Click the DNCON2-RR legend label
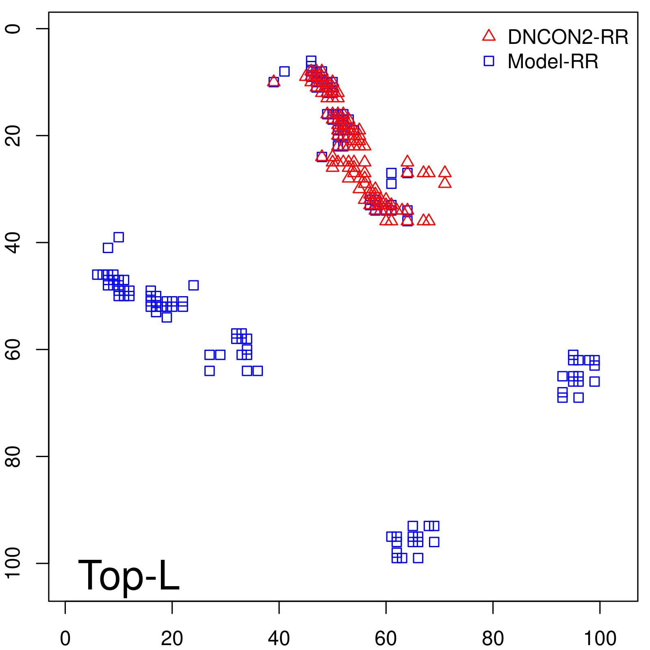coord(568,37)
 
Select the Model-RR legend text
coord(553,62)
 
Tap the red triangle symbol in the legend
coord(489,36)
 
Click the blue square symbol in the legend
coord(489,61)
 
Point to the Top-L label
coord(128,575)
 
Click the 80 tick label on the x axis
coord(493,638)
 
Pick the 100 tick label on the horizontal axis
coord(600,638)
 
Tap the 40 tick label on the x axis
coord(279,638)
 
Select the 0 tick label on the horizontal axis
coord(65,638)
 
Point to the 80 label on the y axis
coord(13,456)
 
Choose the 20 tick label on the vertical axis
coord(13,135)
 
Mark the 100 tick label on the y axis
coord(13,563)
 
